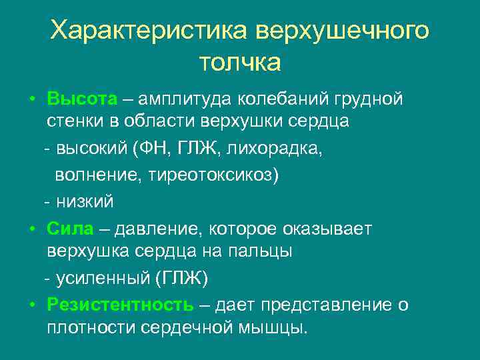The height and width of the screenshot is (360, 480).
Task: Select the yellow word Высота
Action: pyautogui.click(x=82, y=99)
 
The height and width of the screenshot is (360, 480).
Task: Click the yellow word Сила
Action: pyautogui.click(x=70, y=229)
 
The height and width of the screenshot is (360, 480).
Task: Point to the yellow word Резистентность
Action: pyautogui.click(x=120, y=305)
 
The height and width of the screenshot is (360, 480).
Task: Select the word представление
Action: pyautogui.click(x=326, y=305)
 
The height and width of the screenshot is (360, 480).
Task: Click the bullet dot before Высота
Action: pyautogui.click(x=32, y=100)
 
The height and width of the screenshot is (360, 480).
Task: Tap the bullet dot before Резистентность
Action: pyautogui.click(x=32, y=305)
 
